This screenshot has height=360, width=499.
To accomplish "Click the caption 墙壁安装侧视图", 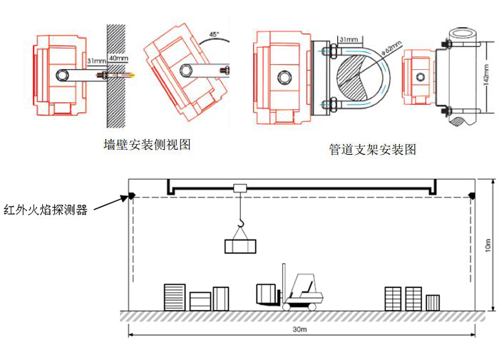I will [x=148, y=144].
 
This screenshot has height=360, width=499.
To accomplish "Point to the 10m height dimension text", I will [x=488, y=245].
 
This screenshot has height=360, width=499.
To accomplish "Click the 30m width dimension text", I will [x=299, y=330].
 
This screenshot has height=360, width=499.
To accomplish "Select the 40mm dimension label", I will [x=117, y=58].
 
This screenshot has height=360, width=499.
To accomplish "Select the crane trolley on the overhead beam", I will [x=240, y=188].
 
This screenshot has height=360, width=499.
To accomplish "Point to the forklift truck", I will [x=299, y=289].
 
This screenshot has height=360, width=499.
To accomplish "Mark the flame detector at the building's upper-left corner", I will [x=131, y=196].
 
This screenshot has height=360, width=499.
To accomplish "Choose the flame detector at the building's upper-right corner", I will [x=471, y=196].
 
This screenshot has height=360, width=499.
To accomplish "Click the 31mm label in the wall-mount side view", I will [x=96, y=61].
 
